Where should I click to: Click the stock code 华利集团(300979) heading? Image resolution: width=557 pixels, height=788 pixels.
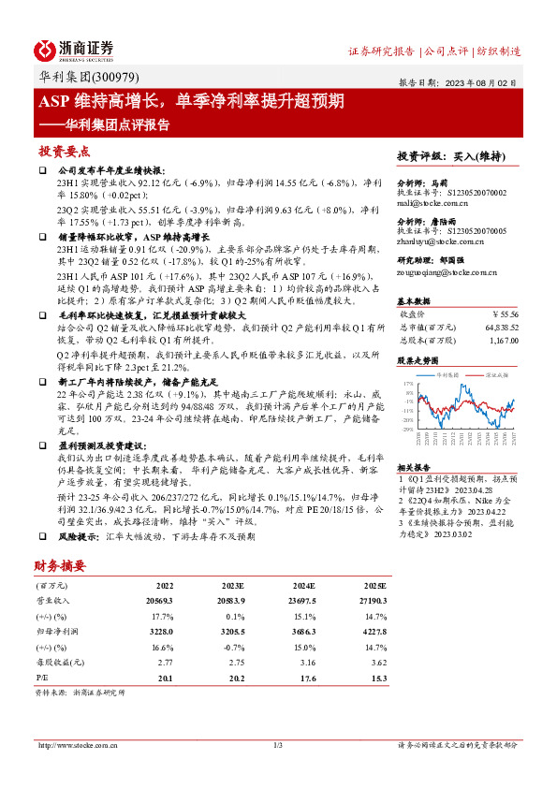(x=83, y=80)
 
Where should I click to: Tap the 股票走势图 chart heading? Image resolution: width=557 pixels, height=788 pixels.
(x=418, y=360)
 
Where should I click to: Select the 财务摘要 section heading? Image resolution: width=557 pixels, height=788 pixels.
(x=60, y=565)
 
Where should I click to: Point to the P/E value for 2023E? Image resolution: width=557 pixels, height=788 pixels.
(x=236, y=678)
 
